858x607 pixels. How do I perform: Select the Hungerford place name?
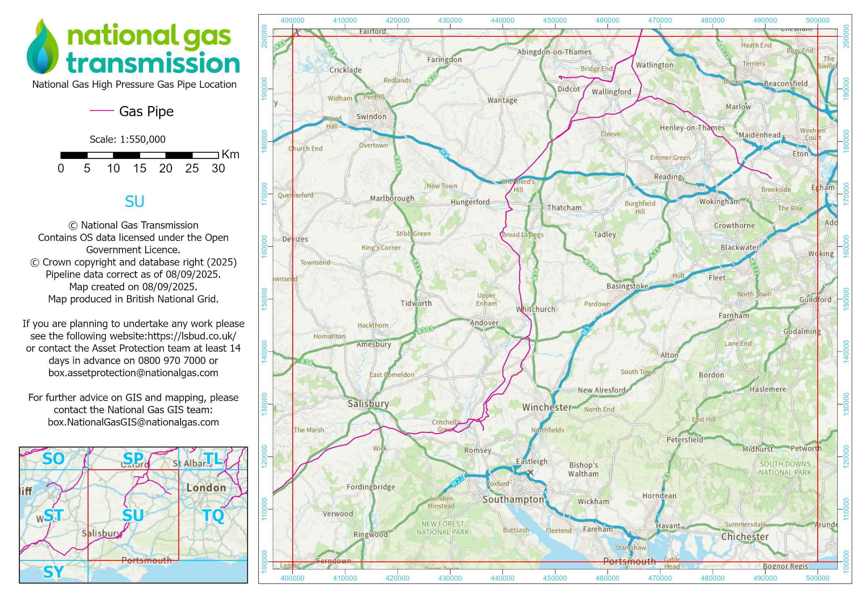pyautogui.click(x=470, y=202)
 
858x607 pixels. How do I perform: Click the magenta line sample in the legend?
pyautogui.click(x=102, y=110)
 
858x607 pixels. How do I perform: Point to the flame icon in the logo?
pyautogui.click(x=43, y=47)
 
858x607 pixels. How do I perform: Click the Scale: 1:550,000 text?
pyautogui.click(x=127, y=139)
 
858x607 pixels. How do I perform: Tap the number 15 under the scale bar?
pyautogui.click(x=139, y=168)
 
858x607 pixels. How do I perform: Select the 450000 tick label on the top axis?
pyautogui.click(x=555, y=21)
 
